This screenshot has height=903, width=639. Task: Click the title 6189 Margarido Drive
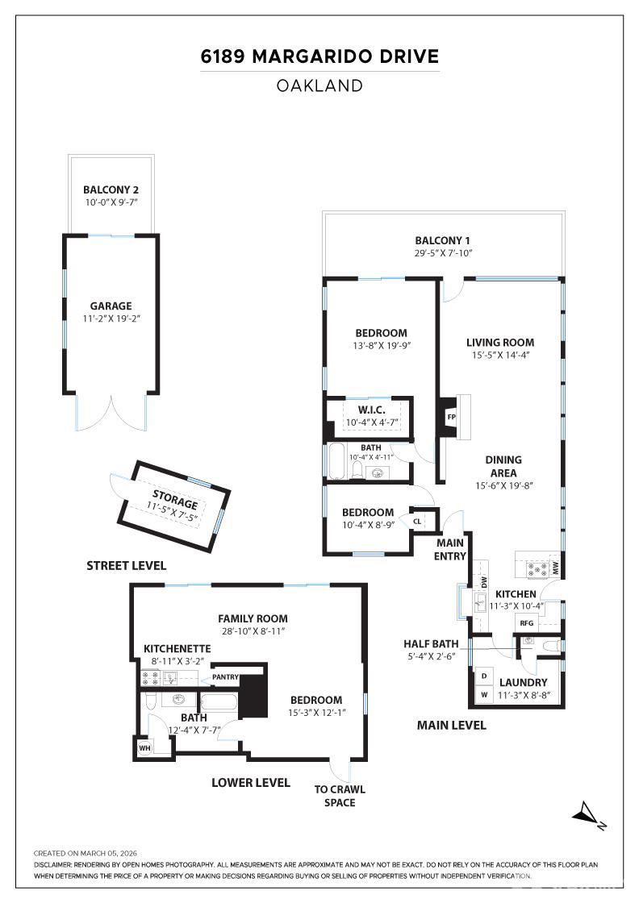tap(319, 57)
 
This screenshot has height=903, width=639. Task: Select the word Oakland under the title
tap(319, 85)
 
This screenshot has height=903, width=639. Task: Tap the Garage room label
tap(111, 306)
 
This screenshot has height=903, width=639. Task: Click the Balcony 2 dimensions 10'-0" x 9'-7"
tap(111, 202)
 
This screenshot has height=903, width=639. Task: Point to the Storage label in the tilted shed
tap(175, 494)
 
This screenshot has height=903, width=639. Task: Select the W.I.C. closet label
tap(372, 410)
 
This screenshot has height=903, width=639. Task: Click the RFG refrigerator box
tap(527, 622)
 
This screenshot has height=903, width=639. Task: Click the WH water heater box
tap(144, 748)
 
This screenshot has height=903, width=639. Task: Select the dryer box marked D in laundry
tap(484, 676)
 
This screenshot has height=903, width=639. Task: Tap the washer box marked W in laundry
tap(484, 693)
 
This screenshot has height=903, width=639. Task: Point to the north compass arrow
tap(588, 814)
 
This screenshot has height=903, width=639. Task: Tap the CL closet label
tap(417, 521)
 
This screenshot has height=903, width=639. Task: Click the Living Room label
tap(503, 342)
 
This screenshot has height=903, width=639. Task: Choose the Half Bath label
tap(431, 643)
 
